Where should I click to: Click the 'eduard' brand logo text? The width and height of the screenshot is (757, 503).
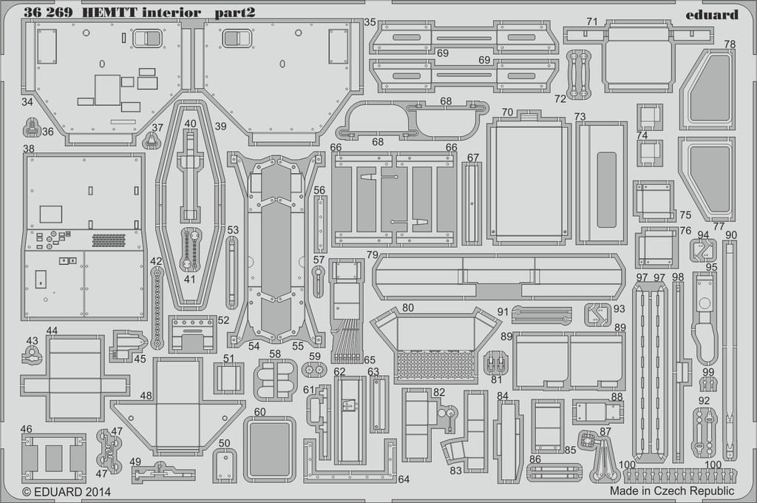click(x=712, y=15)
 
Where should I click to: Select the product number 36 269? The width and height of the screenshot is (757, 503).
click(x=48, y=13)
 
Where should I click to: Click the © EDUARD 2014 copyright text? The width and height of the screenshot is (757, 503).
click(x=67, y=492)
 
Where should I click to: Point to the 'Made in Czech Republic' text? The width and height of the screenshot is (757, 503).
click(x=671, y=491)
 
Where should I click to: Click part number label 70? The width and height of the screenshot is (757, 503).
click(x=507, y=112)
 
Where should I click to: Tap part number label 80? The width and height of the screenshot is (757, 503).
click(x=408, y=308)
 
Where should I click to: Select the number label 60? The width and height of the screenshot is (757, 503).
click(x=259, y=412)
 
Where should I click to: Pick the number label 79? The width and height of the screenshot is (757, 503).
click(x=373, y=254)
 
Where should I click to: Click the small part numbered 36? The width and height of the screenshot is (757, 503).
click(x=31, y=128)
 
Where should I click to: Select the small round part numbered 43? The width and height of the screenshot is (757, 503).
click(x=31, y=356)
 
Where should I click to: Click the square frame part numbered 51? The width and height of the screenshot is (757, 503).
click(x=229, y=377)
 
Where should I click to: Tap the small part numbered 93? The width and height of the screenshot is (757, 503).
click(x=597, y=314)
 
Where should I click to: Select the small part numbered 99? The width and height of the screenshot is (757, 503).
click(x=707, y=385)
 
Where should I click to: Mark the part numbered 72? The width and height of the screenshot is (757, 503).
click(x=575, y=73)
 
